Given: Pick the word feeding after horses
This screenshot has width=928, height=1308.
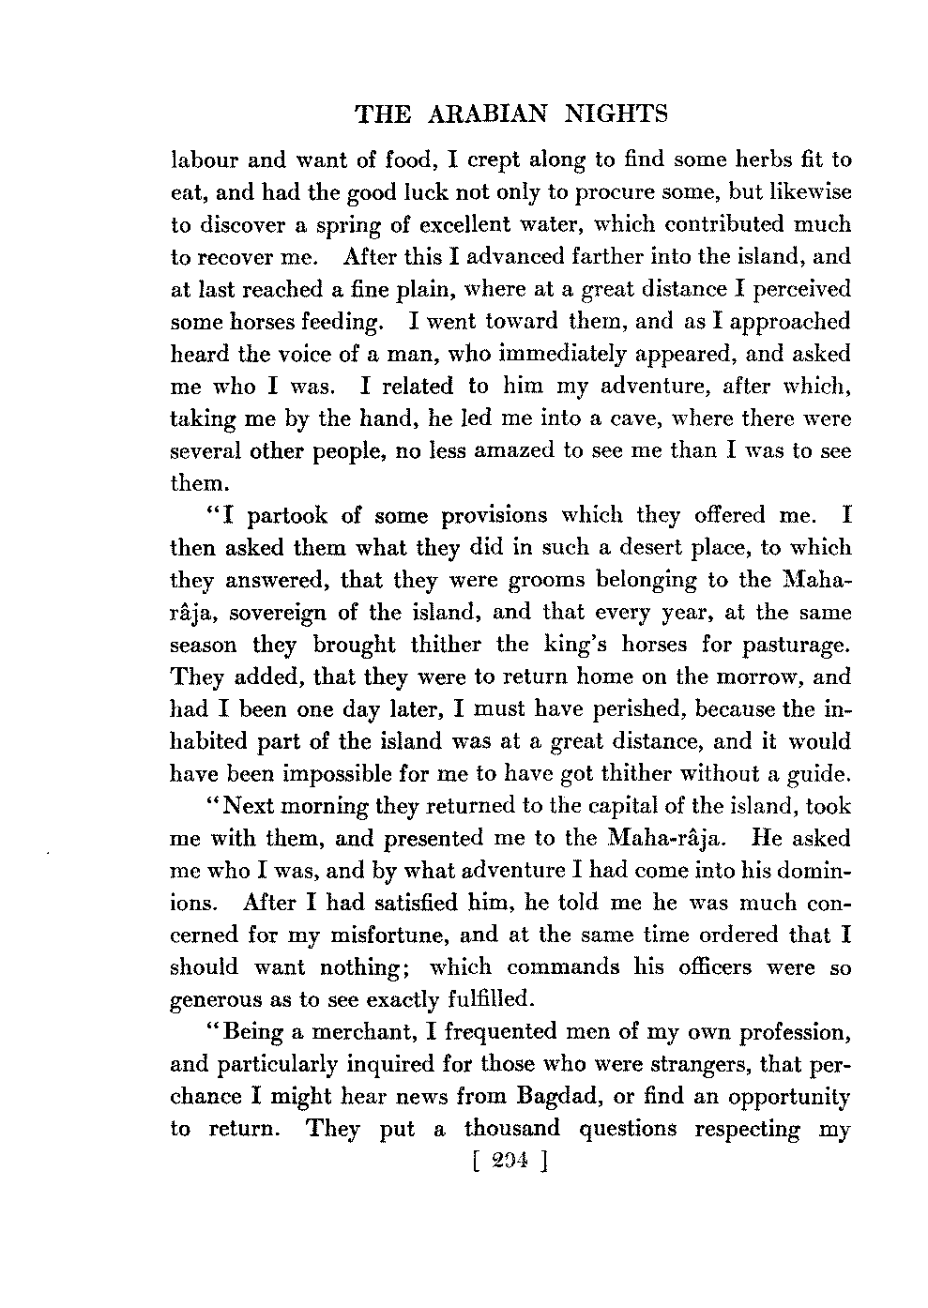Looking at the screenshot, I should [x=335, y=322].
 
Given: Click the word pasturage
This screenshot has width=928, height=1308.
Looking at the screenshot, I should [x=791, y=646].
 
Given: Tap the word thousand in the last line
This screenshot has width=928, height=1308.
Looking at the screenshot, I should [x=511, y=1130].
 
